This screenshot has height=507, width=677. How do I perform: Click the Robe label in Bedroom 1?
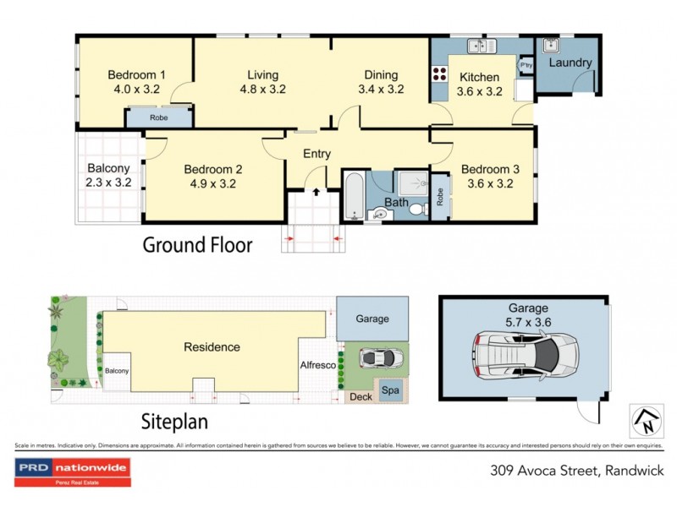158,118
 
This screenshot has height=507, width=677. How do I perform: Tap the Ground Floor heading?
196,245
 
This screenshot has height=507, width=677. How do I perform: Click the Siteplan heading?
175,420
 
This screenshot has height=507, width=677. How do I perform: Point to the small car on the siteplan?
377,358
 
